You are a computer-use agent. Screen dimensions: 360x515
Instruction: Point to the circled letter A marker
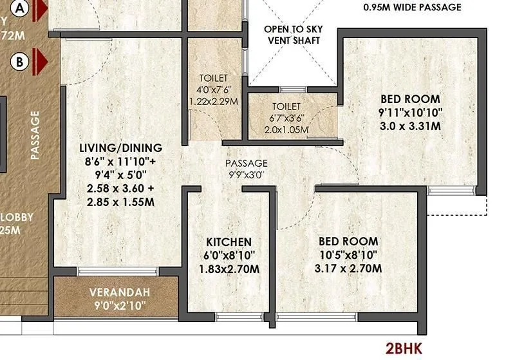click(21, 9)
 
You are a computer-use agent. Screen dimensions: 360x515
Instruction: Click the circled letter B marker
click(21, 62)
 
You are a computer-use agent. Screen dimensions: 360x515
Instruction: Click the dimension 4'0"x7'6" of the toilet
click(213, 90)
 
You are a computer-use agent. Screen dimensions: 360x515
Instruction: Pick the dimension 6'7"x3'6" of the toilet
click(286, 118)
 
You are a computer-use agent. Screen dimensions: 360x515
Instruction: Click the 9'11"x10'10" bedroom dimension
click(410, 113)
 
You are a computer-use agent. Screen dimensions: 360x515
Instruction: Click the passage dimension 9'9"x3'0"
click(246, 174)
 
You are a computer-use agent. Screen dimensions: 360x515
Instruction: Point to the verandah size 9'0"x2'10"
click(119, 305)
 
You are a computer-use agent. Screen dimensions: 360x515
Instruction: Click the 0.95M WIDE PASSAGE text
click(413, 8)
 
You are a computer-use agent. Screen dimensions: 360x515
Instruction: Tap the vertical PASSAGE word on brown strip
click(35, 135)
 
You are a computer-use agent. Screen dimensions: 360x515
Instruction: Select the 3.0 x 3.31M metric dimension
click(410, 126)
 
